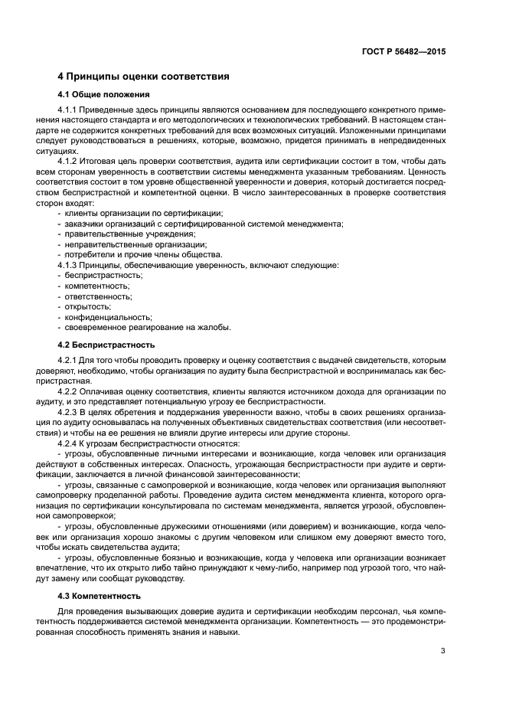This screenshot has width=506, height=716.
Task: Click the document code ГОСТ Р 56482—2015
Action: click(x=403, y=51)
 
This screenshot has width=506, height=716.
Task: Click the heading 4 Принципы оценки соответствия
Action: click(x=144, y=77)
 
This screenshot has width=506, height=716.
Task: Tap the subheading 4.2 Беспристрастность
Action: click(x=106, y=345)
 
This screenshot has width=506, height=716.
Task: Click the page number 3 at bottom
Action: click(x=442, y=651)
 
